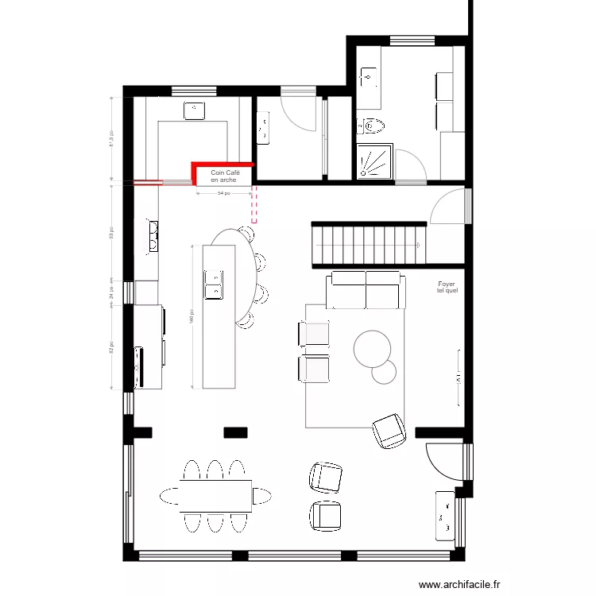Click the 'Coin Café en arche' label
pyautogui.click(x=224, y=176)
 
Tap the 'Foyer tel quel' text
pyautogui.click(x=447, y=287)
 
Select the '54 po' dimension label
pyautogui.click(x=223, y=193)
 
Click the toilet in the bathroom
pyautogui.click(x=371, y=125)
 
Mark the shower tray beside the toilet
pyautogui.click(x=374, y=161)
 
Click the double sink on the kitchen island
pyautogui.click(x=214, y=284)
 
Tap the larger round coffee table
pyautogui.click(x=372, y=348)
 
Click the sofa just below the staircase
pyautogui.click(x=364, y=289)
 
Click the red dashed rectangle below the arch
pyautogui.click(x=254, y=205)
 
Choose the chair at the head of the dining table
pyautogui.click(x=262, y=495)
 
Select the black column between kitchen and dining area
pyautogui.click(x=235, y=432)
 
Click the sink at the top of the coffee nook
pyautogui.click(x=194, y=110)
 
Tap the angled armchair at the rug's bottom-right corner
pyautogui.click(x=389, y=431)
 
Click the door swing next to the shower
pyautogui.click(x=412, y=164)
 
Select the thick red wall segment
pyautogui.click(x=221, y=164)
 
